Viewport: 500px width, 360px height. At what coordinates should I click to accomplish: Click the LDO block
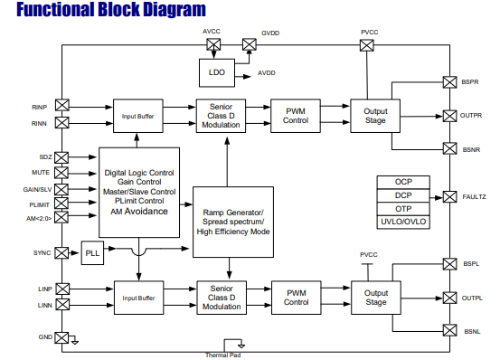(x=217, y=72)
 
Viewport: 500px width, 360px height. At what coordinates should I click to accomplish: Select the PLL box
(x=92, y=253)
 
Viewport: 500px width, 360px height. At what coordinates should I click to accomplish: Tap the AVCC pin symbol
(x=213, y=44)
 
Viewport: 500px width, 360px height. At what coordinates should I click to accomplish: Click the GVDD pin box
(x=249, y=44)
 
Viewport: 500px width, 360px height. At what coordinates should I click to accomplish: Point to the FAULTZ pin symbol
(x=449, y=197)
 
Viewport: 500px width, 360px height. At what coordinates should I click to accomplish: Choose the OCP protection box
(x=403, y=182)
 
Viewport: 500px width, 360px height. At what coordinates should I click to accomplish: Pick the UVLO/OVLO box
(x=403, y=222)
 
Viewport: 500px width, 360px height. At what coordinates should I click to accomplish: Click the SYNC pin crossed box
(x=61, y=253)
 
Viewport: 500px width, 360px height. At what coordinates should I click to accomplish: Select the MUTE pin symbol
(x=61, y=173)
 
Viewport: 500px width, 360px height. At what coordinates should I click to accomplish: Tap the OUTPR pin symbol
(x=449, y=116)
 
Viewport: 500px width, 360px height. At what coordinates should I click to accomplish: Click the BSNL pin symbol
(x=449, y=330)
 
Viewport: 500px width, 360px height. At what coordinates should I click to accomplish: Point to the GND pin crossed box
(x=61, y=337)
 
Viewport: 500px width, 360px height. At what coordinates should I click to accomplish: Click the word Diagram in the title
(x=175, y=10)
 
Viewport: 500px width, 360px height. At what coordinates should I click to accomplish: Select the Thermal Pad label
(x=223, y=355)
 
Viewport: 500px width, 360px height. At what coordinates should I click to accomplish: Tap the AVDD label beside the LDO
(x=267, y=73)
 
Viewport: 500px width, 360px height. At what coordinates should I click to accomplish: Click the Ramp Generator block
(x=233, y=222)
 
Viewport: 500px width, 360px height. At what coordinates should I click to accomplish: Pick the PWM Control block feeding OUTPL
(x=297, y=298)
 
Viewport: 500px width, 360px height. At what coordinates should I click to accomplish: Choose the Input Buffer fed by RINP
(x=138, y=116)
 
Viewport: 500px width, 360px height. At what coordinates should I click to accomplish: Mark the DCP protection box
(x=403, y=195)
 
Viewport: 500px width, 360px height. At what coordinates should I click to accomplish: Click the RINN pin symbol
(x=61, y=122)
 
